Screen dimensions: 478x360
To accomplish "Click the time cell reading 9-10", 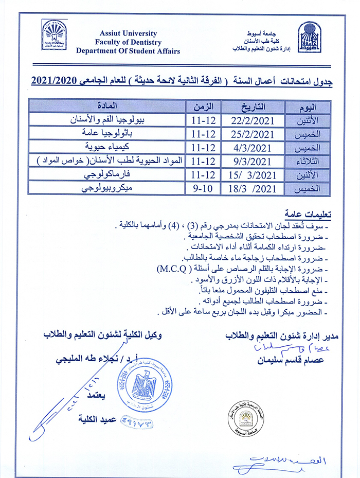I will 203,188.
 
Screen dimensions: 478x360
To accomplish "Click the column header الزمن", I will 203,107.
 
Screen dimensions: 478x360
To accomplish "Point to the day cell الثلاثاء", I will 308,162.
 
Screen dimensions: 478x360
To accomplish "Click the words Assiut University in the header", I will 128,33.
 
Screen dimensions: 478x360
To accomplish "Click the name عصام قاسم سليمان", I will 291,360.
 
